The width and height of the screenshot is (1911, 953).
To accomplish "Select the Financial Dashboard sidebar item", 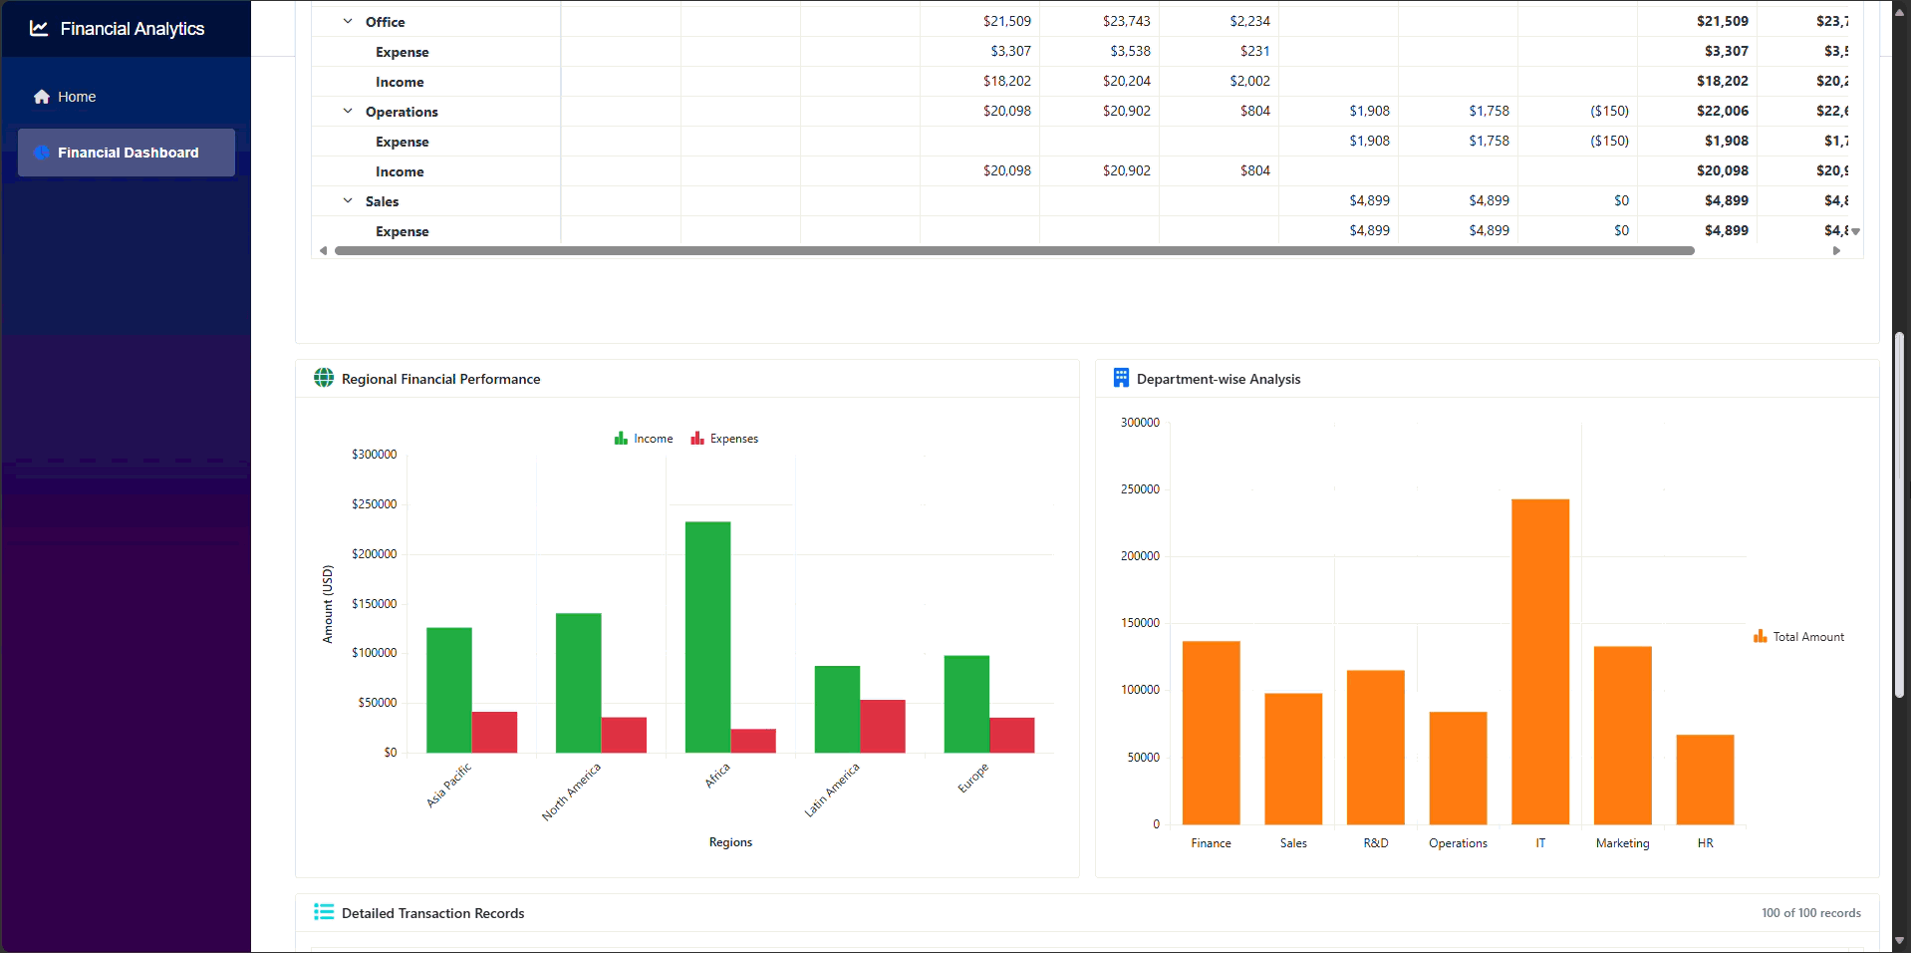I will (x=127, y=153).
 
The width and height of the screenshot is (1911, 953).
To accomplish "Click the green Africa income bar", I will (x=707, y=638).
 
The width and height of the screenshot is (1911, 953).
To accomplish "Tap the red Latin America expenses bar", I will (x=882, y=726).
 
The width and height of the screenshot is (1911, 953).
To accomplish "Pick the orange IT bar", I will (x=1539, y=662).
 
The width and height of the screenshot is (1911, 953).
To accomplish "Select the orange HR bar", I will (x=1705, y=780).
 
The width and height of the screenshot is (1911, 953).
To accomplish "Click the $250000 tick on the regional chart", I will (x=374, y=504).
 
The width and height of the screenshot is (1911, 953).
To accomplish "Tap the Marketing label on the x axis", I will (x=1622, y=843).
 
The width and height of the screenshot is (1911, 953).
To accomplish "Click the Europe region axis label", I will (x=972, y=779).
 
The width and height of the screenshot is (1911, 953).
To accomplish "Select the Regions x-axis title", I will (x=730, y=842).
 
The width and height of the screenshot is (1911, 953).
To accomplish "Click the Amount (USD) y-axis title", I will (x=328, y=604).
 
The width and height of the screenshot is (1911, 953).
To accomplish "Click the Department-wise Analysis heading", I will (x=1218, y=379).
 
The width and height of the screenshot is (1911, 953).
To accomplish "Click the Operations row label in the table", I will (x=402, y=112).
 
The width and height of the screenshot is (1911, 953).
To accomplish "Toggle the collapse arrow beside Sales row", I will (x=348, y=200).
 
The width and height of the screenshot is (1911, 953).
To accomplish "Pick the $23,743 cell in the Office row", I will (x=1126, y=21).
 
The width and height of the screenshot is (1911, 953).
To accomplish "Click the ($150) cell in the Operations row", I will (x=1609, y=111).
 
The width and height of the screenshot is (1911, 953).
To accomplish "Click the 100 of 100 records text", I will (x=1810, y=913).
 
